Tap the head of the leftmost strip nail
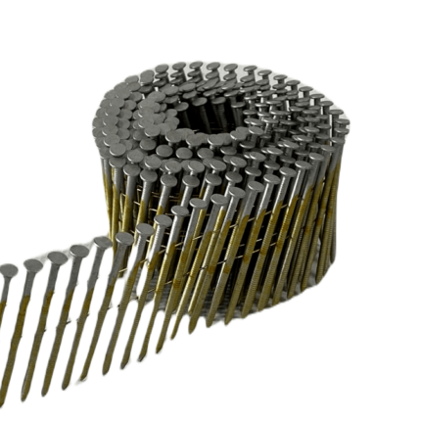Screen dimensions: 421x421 tap(8, 270)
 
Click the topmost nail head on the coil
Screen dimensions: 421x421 tap(196, 66)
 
